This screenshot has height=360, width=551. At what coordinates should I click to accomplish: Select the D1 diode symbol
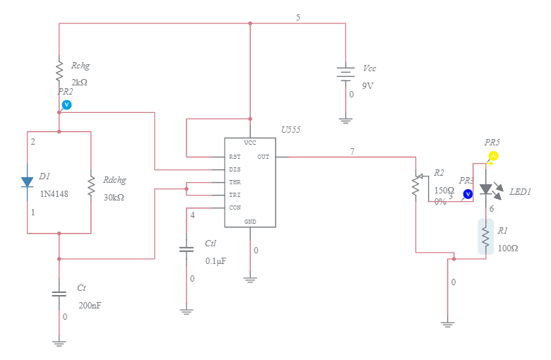[x=27, y=181]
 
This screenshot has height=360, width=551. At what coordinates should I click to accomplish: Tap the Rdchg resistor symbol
[x=91, y=186]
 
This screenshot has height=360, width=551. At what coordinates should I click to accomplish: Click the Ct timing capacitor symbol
[x=59, y=294]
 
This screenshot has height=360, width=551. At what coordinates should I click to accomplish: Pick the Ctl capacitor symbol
[x=186, y=249]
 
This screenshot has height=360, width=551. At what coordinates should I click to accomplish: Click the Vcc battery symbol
[x=345, y=73]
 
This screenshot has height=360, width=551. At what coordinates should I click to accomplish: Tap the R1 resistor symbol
[x=486, y=236]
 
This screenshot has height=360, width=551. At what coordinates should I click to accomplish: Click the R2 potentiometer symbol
[x=416, y=185]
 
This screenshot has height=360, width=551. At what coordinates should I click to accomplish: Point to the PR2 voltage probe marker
[x=66, y=104]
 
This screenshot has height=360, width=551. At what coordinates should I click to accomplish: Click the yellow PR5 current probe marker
[x=494, y=155]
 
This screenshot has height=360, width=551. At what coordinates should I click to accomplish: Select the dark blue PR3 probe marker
[x=468, y=193]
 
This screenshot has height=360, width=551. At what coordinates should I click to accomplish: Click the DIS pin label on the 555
[x=235, y=169]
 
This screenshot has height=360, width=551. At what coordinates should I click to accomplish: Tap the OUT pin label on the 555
[x=263, y=157]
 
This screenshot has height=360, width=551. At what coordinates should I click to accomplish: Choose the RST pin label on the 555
[x=235, y=157]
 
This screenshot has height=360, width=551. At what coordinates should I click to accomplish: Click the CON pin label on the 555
[x=235, y=208]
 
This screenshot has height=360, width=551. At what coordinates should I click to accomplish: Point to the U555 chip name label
[x=290, y=130]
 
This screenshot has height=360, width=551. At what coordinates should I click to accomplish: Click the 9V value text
[x=368, y=85]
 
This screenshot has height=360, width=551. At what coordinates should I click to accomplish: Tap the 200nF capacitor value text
[x=90, y=306]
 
